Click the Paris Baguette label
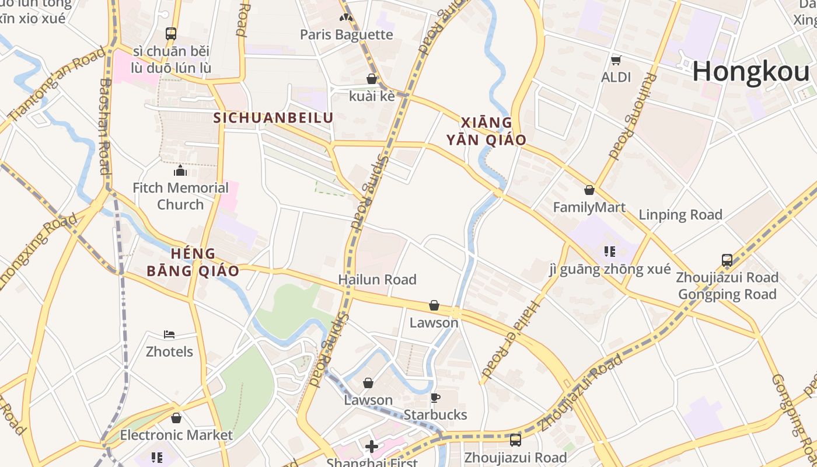(x=347, y=34)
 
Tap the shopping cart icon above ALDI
(x=616, y=60)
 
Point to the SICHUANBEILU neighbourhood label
(x=273, y=118)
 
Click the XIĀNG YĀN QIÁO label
(x=487, y=131)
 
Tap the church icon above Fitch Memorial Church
(x=180, y=170)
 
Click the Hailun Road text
(x=377, y=280)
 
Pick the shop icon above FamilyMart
(x=589, y=190)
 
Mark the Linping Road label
(x=680, y=215)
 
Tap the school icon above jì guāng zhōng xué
(x=610, y=252)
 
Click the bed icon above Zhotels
(x=169, y=334)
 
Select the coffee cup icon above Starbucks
(x=435, y=398)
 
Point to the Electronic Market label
(x=176, y=435)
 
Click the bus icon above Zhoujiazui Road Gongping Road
(x=727, y=260)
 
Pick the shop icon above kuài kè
(x=372, y=79)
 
